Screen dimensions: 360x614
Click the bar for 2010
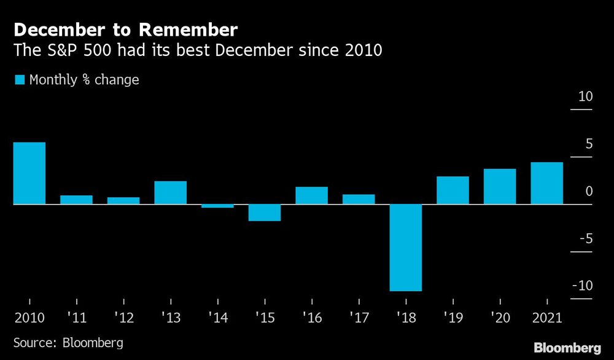coord(29,173)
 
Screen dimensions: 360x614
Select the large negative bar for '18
coord(406,247)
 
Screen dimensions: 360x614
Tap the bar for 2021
coord(546,182)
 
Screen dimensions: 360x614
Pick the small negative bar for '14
coord(217,206)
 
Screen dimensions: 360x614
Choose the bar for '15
coord(265,212)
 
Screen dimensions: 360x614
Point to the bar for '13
coord(170,192)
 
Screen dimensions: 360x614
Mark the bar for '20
coord(500,186)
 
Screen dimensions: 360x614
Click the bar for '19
coord(453,190)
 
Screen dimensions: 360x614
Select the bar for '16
coord(311,195)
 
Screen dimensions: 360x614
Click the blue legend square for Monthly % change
coord(19,80)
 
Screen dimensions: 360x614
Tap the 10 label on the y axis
coord(585,97)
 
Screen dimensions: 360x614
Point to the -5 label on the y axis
coord(585,238)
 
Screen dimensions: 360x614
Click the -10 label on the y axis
coord(583,286)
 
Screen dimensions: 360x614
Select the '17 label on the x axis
coord(358,318)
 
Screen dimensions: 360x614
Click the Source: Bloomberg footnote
coord(68,342)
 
